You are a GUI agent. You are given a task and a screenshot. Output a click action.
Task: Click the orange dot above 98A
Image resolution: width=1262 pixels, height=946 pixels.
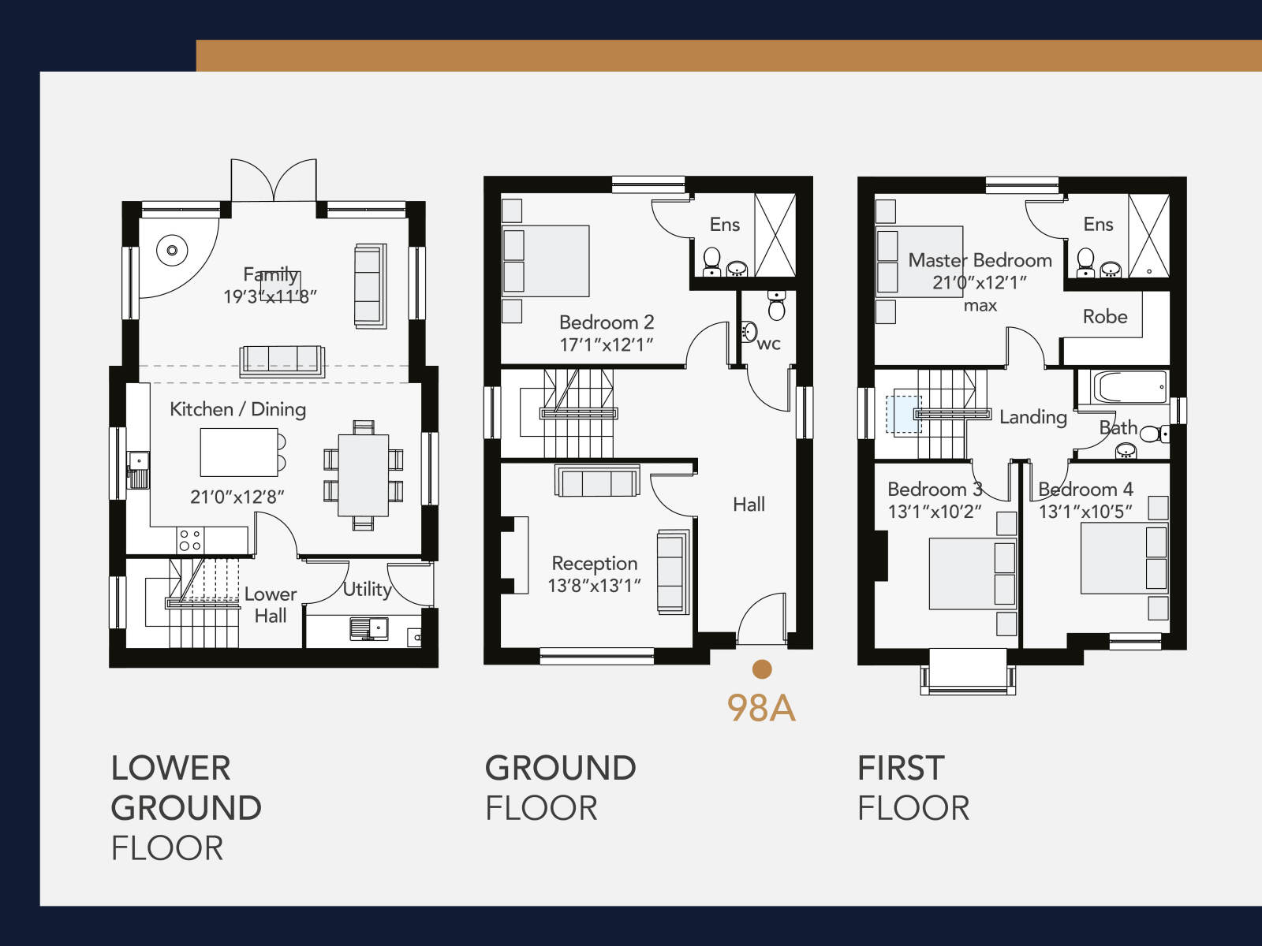pos(762,669)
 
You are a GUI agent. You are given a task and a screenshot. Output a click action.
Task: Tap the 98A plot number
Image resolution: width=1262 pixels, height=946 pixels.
pos(761,708)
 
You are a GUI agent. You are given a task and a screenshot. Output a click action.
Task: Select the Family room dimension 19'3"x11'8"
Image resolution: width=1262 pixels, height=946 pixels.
pos(270,297)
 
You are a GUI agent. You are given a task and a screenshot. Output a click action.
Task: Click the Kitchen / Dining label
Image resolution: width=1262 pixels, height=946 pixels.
pos(237,409)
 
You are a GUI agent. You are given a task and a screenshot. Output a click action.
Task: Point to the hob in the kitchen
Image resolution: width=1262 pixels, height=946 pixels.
pos(190,540)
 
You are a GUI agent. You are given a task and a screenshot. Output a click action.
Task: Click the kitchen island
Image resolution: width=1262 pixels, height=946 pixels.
pos(239,452)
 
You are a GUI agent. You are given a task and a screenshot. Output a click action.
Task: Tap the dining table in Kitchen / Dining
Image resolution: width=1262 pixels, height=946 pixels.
pos(364,475)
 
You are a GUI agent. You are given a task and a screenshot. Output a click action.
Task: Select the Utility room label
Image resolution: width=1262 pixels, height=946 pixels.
pos(368,590)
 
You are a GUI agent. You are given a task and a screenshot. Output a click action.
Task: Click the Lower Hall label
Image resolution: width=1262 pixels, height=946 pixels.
pos(271,605)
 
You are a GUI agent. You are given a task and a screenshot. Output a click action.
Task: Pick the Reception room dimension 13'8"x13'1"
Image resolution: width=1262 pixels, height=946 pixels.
pos(594,586)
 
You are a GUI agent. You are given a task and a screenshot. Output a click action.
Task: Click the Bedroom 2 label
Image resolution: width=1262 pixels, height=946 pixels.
pos(607,322)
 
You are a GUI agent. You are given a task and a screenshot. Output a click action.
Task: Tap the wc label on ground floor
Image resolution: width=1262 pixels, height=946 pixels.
pos(769,344)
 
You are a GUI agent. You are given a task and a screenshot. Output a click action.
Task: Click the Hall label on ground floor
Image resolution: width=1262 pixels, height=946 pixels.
pos(749,505)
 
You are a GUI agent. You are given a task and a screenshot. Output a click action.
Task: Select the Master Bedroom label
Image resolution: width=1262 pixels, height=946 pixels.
pos(980,260)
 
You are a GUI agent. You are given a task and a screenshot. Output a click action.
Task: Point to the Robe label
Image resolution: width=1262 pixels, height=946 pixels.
pos(1105,316)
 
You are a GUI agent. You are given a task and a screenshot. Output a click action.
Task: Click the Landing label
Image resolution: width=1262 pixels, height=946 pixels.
pos(1033,417)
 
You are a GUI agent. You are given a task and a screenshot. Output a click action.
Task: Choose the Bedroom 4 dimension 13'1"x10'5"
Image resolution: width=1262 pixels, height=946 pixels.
pos(1085,512)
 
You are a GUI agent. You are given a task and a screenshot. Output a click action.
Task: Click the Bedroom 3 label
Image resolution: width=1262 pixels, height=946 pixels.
pos(935,490)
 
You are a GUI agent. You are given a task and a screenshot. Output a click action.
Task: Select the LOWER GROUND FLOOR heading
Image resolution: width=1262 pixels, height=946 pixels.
pos(186,808)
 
